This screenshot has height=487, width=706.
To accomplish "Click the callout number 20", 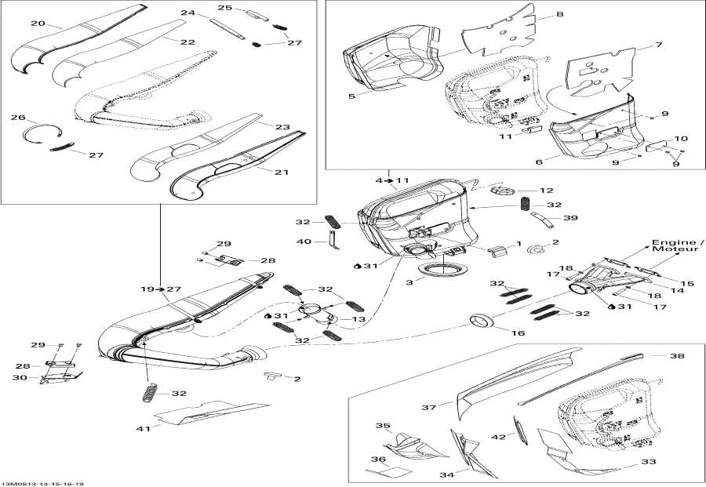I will [37, 24].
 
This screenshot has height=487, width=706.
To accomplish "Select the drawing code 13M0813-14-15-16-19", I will [42, 483].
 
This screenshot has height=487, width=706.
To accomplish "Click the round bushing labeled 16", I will [480, 321].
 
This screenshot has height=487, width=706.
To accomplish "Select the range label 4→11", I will [392, 180].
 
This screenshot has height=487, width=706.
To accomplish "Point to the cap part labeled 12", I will [500, 191].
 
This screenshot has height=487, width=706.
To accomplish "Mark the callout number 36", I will [379, 460].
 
